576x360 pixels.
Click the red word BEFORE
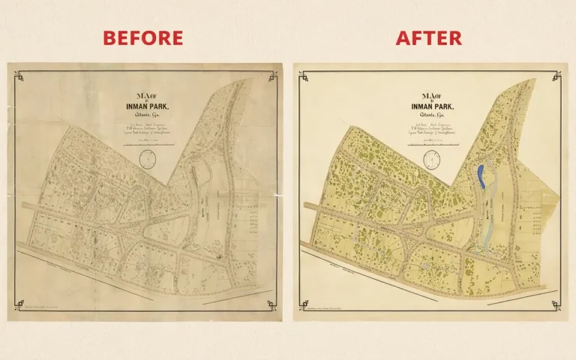[x=142, y=37]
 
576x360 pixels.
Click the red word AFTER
[x=429, y=37]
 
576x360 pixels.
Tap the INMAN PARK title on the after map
[x=431, y=105]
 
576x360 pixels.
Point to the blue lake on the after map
[x=481, y=177]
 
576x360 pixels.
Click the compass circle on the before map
[x=148, y=158]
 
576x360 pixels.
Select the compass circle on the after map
[x=433, y=157]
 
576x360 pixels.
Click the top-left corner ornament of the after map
[x=304, y=74]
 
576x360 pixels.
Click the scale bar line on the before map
[x=148, y=144]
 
